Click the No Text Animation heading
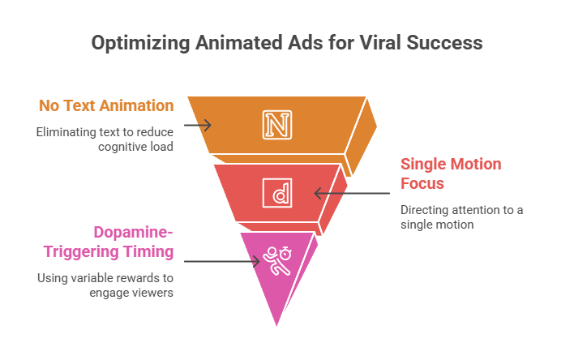pyautogui.click(x=105, y=105)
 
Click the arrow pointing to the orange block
pyautogui.click(x=197, y=126)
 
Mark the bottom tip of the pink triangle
pyautogui.click(x=277, y=328)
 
